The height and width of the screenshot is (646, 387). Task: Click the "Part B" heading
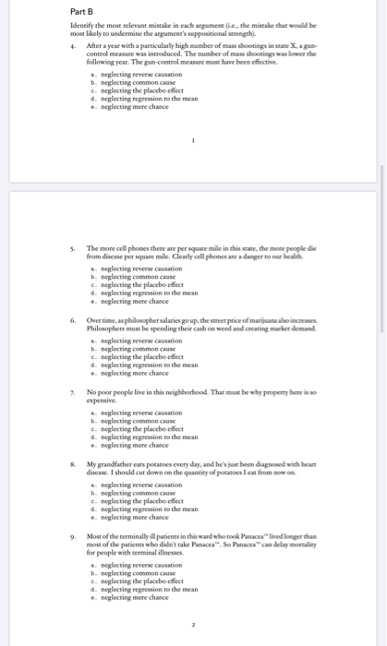[x=84, y=11]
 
